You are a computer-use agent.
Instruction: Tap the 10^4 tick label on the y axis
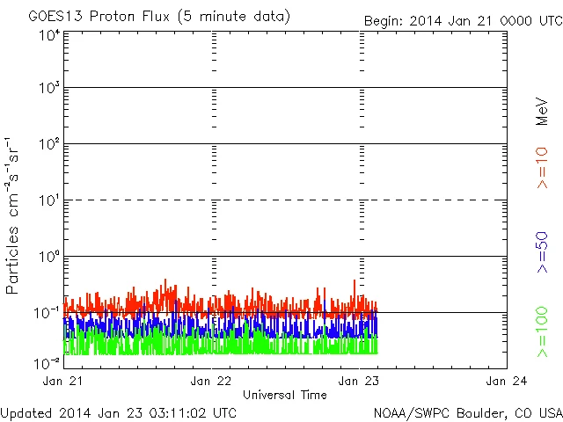(x=49, y=35)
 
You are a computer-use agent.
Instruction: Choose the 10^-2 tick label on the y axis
(x=48, y=362)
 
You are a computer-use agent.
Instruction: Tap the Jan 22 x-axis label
(x=212, y=382)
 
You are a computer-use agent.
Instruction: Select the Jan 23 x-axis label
(x=360, y=382)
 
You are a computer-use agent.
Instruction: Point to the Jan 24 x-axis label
(x=507, y=382)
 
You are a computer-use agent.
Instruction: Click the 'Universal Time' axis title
(x=284, y=395)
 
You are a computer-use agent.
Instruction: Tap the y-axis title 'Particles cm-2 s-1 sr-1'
(x=14, y=215)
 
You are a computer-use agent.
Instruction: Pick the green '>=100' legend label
(x=542, y=331)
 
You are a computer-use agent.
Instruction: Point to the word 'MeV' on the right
(x=542, y=111)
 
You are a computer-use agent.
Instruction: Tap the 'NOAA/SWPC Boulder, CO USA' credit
(x=467, y=411)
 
